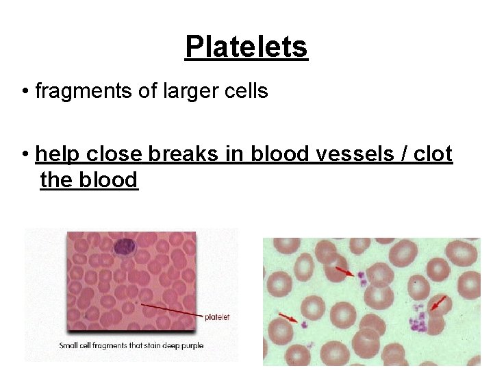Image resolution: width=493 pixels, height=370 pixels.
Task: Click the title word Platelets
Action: pyautogui.click(x=246, y=47)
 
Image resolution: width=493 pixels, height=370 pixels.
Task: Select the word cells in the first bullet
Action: pyautogui.click(x=243, y=90)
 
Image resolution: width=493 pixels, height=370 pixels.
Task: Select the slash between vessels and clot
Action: pyautogui.click(x=399, y=154)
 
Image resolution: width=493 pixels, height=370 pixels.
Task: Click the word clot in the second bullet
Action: pyautogui.click(x=433, y=154)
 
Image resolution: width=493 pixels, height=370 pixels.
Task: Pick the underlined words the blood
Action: pyautogui.click(x=89, y=180)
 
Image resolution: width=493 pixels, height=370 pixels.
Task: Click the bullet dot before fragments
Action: pyautogui.click(x=25, y=91)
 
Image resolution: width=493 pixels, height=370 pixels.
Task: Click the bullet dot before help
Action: pyautogui.click(x=25, y=155)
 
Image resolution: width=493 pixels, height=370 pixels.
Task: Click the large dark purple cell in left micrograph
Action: pyautogui.click(x=125, y=245)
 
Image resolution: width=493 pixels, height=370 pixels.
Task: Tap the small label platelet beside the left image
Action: pyautogui.click(x=217, y=317)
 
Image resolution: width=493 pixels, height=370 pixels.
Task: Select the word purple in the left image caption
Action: pyautogui.click(x=191, y=345)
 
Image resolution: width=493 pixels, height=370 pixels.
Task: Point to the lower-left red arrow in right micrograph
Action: pyautogui.click(x=289, y=317)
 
